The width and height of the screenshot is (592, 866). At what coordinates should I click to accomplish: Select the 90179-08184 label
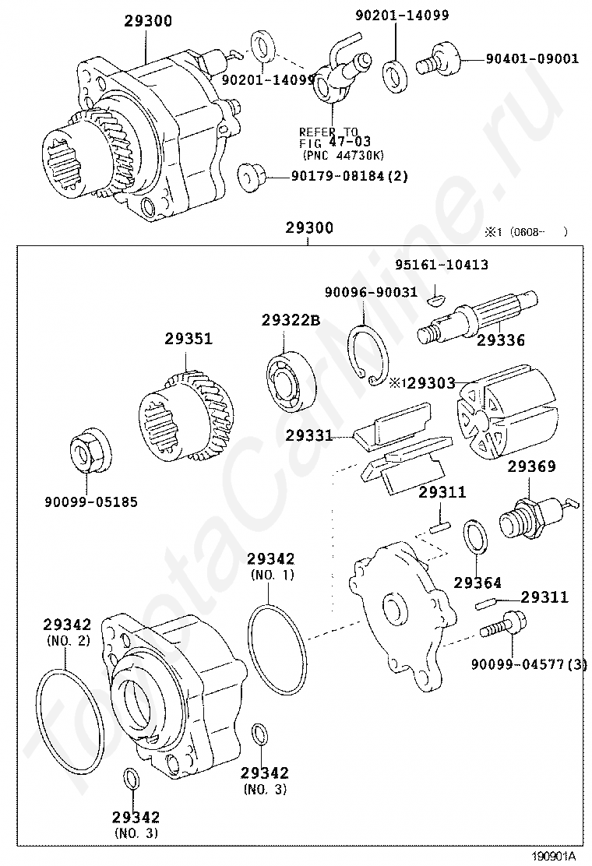[350, 177]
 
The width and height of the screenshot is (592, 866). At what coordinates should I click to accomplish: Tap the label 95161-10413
[441, 265]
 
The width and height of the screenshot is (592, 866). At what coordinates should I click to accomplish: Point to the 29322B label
[291, 320]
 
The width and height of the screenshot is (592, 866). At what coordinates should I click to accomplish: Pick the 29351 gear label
[188, 340]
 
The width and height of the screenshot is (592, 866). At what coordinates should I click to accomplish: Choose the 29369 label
[532, 467]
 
